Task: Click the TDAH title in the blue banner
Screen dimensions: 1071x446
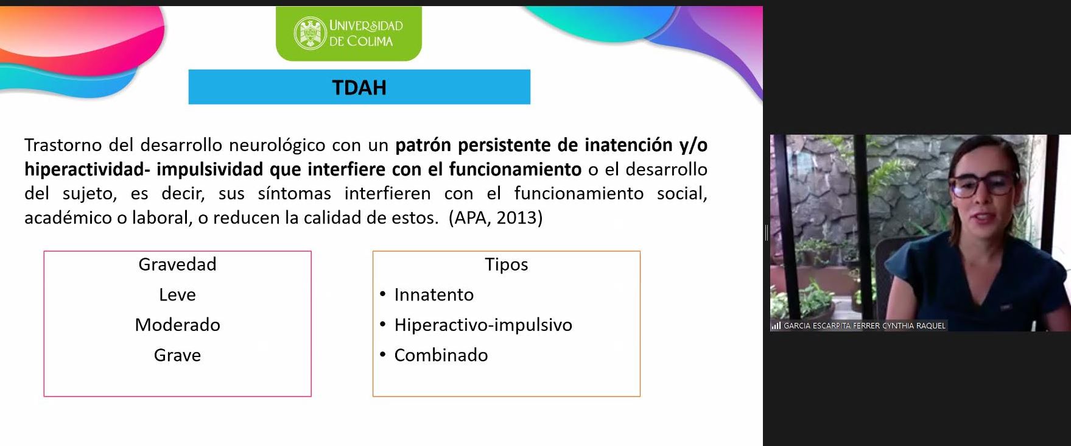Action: pos(359,88)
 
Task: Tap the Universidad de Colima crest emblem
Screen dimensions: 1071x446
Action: pos(310,33)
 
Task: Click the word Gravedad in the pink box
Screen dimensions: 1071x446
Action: pos(177,264)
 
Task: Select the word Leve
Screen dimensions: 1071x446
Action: pos(177,295)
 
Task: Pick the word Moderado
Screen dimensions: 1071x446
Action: pos(177,325)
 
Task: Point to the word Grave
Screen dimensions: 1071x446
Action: pos(177,355)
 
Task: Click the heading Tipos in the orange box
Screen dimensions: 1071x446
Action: pos(506,264)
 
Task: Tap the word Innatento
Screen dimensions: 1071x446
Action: pos(434,295)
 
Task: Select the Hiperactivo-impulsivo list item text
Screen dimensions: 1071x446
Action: pos(483,325)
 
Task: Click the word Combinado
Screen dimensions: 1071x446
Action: pos(441,355)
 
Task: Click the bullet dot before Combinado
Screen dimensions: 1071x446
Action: pos(382,355)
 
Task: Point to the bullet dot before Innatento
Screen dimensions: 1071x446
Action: pos(382,294)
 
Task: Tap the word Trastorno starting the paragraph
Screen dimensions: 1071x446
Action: pos(63,145)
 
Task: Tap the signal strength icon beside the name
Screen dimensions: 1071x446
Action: pos(776,326)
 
